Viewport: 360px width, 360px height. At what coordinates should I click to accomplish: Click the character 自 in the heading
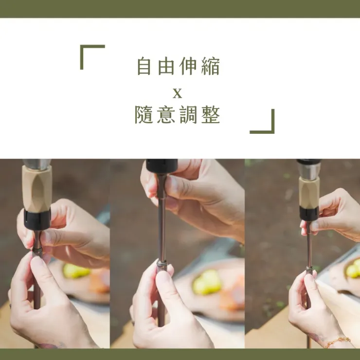(x=144, y=66)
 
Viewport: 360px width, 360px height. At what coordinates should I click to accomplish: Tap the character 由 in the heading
(x=166, y=66)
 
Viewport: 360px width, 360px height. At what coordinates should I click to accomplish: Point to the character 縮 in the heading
(x=211, y=66)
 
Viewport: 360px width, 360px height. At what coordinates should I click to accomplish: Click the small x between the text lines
(x=177, y=94)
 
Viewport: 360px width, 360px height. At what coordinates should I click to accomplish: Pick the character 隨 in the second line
(x=144, y=114)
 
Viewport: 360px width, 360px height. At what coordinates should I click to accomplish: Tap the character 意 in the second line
(x=166, y=114)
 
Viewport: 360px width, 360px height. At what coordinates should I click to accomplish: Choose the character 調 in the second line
(x=188, y=114)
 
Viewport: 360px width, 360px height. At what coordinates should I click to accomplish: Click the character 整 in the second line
(x=211, y=114)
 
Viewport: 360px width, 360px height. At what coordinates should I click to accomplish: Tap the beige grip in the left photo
(x=37, y=189)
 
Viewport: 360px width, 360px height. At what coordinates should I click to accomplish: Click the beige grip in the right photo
(x=309, y=192)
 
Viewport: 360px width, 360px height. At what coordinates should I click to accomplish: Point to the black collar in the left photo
(x=37, y=219)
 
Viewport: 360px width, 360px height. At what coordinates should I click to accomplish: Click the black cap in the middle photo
(x=162, y=165)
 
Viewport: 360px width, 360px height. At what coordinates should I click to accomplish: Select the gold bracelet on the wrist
(x=337, y=342)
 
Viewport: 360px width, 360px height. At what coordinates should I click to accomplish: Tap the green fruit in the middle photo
(x=207, y=282)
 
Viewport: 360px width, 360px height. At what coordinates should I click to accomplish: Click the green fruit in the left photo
(x=76, y=271)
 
